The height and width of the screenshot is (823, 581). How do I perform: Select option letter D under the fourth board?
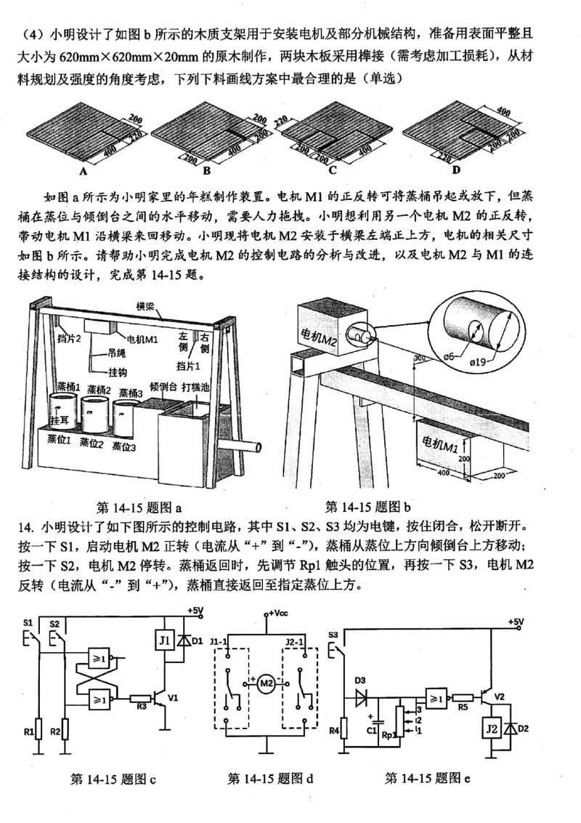pos(456,170)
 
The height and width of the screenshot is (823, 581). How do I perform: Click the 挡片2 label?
pos(68,339)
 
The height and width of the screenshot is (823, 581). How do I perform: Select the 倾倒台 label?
pos(162,386)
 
